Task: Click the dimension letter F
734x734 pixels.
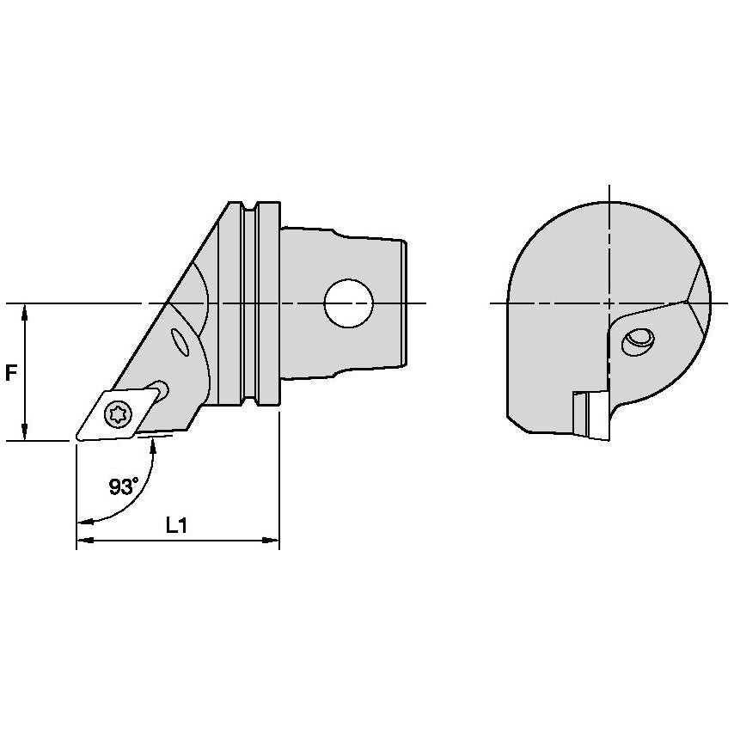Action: coord(11,373)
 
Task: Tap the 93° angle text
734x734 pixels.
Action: coord(124,486)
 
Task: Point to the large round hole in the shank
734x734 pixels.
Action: coord(349,303)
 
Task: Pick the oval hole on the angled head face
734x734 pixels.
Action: coord(182,343)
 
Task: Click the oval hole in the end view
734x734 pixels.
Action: coord(638,341)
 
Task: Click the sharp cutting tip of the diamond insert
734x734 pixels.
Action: coord(76,440)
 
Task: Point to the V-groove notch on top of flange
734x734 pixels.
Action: coord(250,208)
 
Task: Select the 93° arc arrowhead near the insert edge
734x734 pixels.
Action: coord(153,442)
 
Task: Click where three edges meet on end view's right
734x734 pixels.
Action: coord(688,302)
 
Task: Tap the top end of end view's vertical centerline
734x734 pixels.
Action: coord(609,187)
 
